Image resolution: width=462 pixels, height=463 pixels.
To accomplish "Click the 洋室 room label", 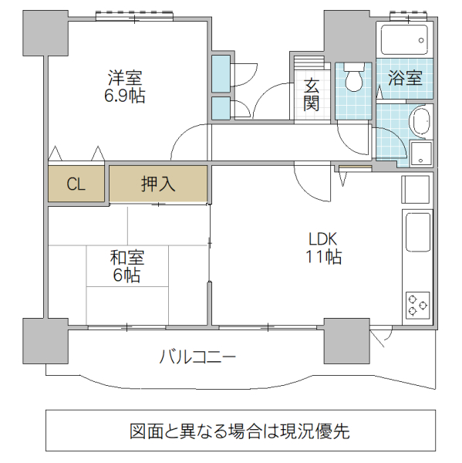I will click(124, 78).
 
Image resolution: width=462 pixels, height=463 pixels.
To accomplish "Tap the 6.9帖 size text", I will click(124, 96).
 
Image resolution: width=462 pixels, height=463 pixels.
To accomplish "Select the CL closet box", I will click(75, 184).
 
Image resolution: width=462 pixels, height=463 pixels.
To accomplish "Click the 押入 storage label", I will click(158, 184).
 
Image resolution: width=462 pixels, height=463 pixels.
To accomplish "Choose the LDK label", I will click(323, 238).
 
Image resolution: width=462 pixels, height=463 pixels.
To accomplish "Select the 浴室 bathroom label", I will click(405, 78).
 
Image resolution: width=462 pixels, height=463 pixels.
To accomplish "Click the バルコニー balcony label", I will click(197, 357).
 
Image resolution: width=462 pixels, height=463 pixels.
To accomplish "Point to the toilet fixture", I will click(355, 78).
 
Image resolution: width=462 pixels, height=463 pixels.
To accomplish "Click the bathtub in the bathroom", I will click(403, 39).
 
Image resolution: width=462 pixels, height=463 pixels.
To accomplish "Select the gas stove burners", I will click(418, 304).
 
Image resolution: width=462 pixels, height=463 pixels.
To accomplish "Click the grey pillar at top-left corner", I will click(39, 35).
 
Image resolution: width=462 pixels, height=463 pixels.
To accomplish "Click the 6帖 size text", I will click(127, 275).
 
